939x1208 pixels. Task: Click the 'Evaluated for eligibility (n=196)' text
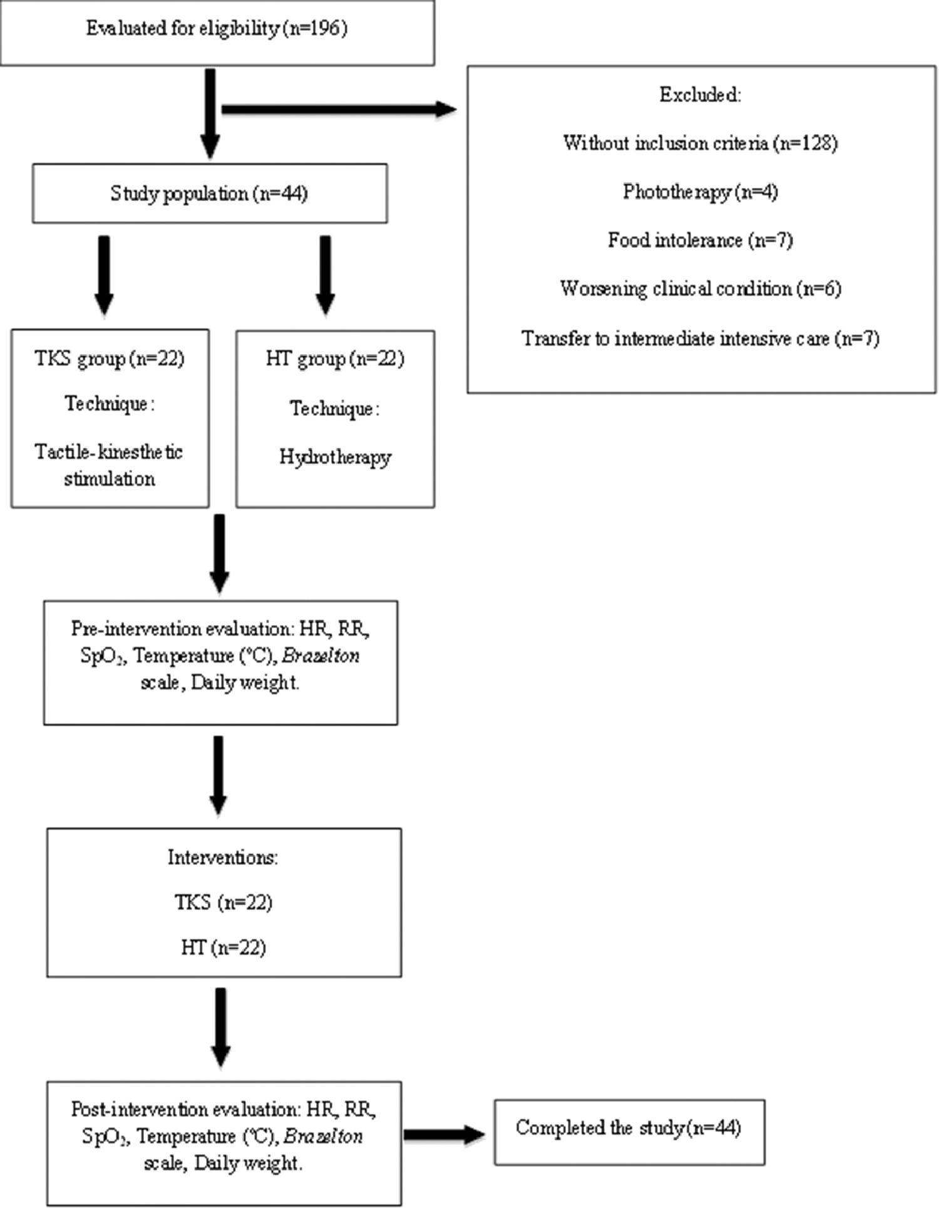(x=216, y=29)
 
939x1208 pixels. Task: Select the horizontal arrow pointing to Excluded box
(x=338, y=110)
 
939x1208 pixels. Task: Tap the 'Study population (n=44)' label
(x=209, y=194)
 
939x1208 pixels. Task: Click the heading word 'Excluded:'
(x=700, y=95)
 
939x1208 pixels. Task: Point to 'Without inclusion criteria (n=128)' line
(x=700, y=143)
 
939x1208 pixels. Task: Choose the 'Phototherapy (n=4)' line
(x=700, y=192)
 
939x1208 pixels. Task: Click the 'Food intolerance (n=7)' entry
(x=700, y=240)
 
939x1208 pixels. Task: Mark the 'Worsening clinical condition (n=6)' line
(x=700, y=289)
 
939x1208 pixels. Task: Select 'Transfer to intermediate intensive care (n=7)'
(x=700, y=339)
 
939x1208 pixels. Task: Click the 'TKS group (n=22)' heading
(x=110, y=359)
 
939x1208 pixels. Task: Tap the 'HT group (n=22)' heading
(x=335, y=359)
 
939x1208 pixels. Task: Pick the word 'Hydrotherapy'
(x=335, y=457)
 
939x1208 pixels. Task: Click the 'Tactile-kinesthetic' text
(x=108, y=452)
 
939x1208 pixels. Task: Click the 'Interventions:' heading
(x=223, y=857)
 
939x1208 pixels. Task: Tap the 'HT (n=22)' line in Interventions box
(x=223, y=947)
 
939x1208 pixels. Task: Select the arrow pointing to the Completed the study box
(x=444, y=1134)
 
